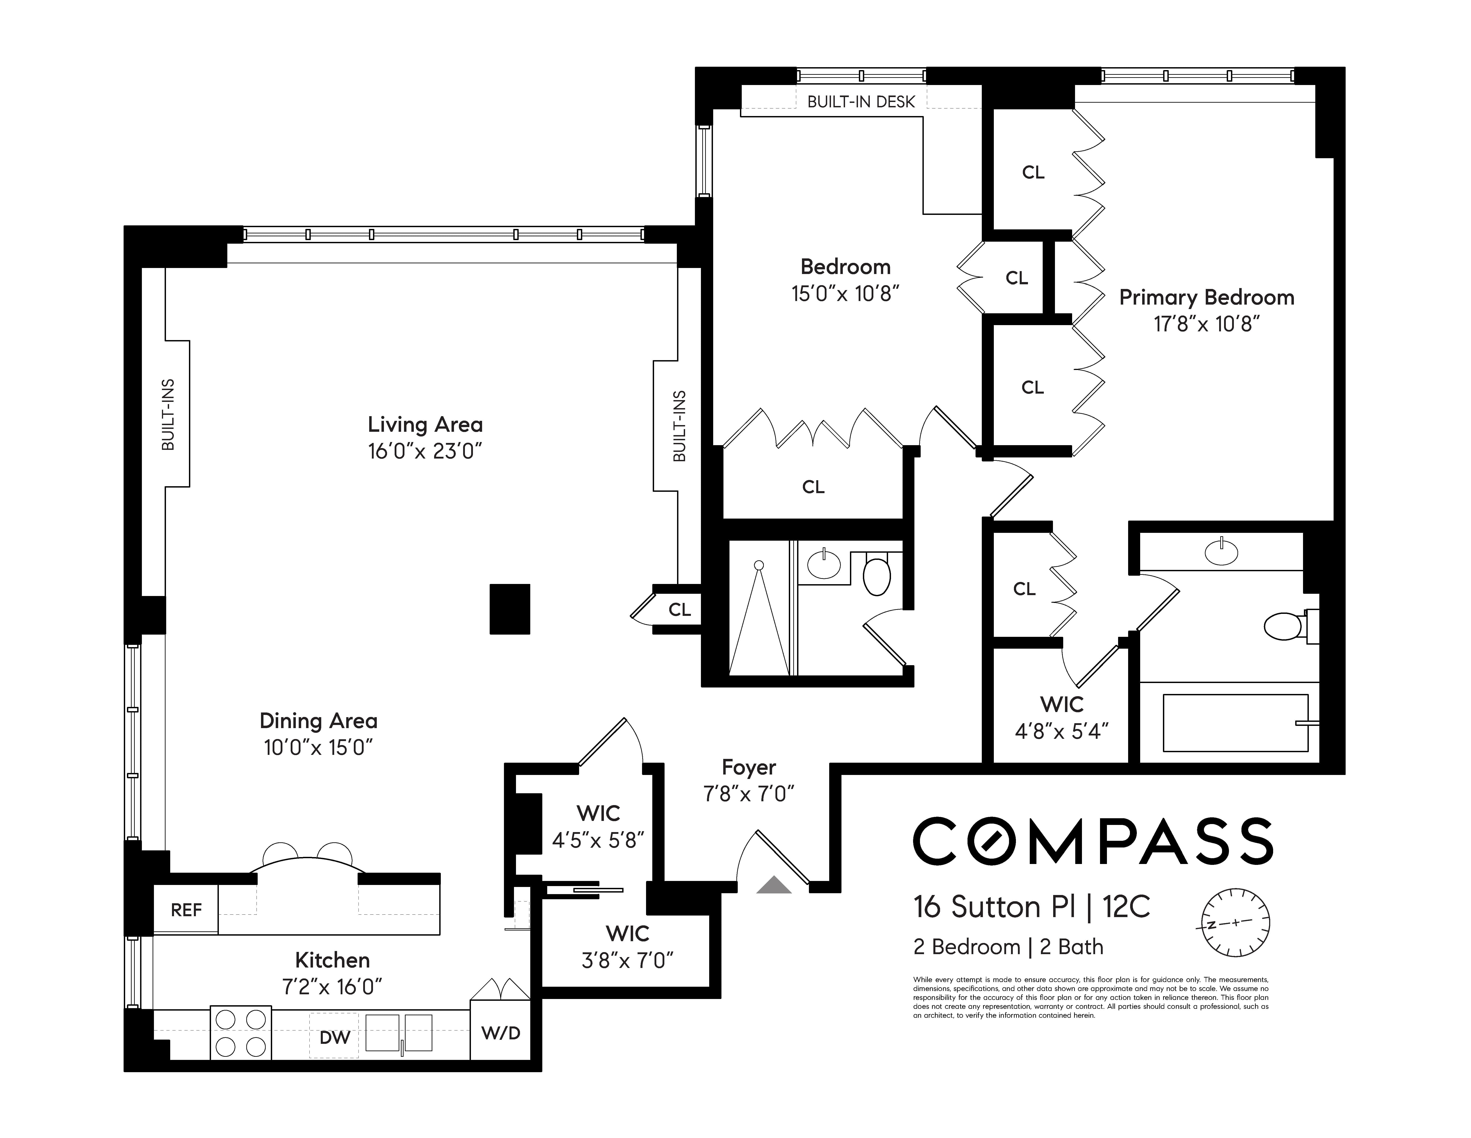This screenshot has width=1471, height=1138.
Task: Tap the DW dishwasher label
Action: pos(334,1037)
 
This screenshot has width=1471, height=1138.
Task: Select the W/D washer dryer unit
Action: pos(500,1033)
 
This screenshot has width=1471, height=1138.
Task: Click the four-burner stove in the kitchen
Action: pos(240,1033)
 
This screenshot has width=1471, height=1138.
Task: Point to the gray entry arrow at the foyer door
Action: pos(773,885)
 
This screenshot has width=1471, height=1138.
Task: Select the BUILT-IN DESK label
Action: pos(861,102)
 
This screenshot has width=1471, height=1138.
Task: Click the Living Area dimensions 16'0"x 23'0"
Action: pos(425,451)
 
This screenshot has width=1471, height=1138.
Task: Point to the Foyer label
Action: pos(748,767)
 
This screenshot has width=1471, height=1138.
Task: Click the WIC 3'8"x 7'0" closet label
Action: pos(627,947)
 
